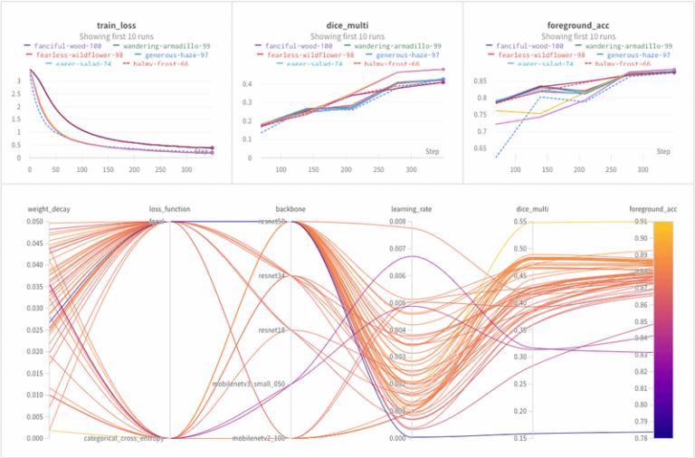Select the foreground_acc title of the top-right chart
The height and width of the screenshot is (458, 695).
tap(578, 26)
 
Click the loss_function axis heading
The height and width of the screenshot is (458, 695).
tap(169, 209)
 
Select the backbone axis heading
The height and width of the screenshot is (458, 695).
tap(290, 209)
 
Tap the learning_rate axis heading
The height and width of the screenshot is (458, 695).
tap(412, 209)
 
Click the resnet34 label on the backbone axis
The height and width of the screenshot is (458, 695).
tap(272, 276)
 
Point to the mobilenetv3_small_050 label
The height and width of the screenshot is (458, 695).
tap(248, 384)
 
